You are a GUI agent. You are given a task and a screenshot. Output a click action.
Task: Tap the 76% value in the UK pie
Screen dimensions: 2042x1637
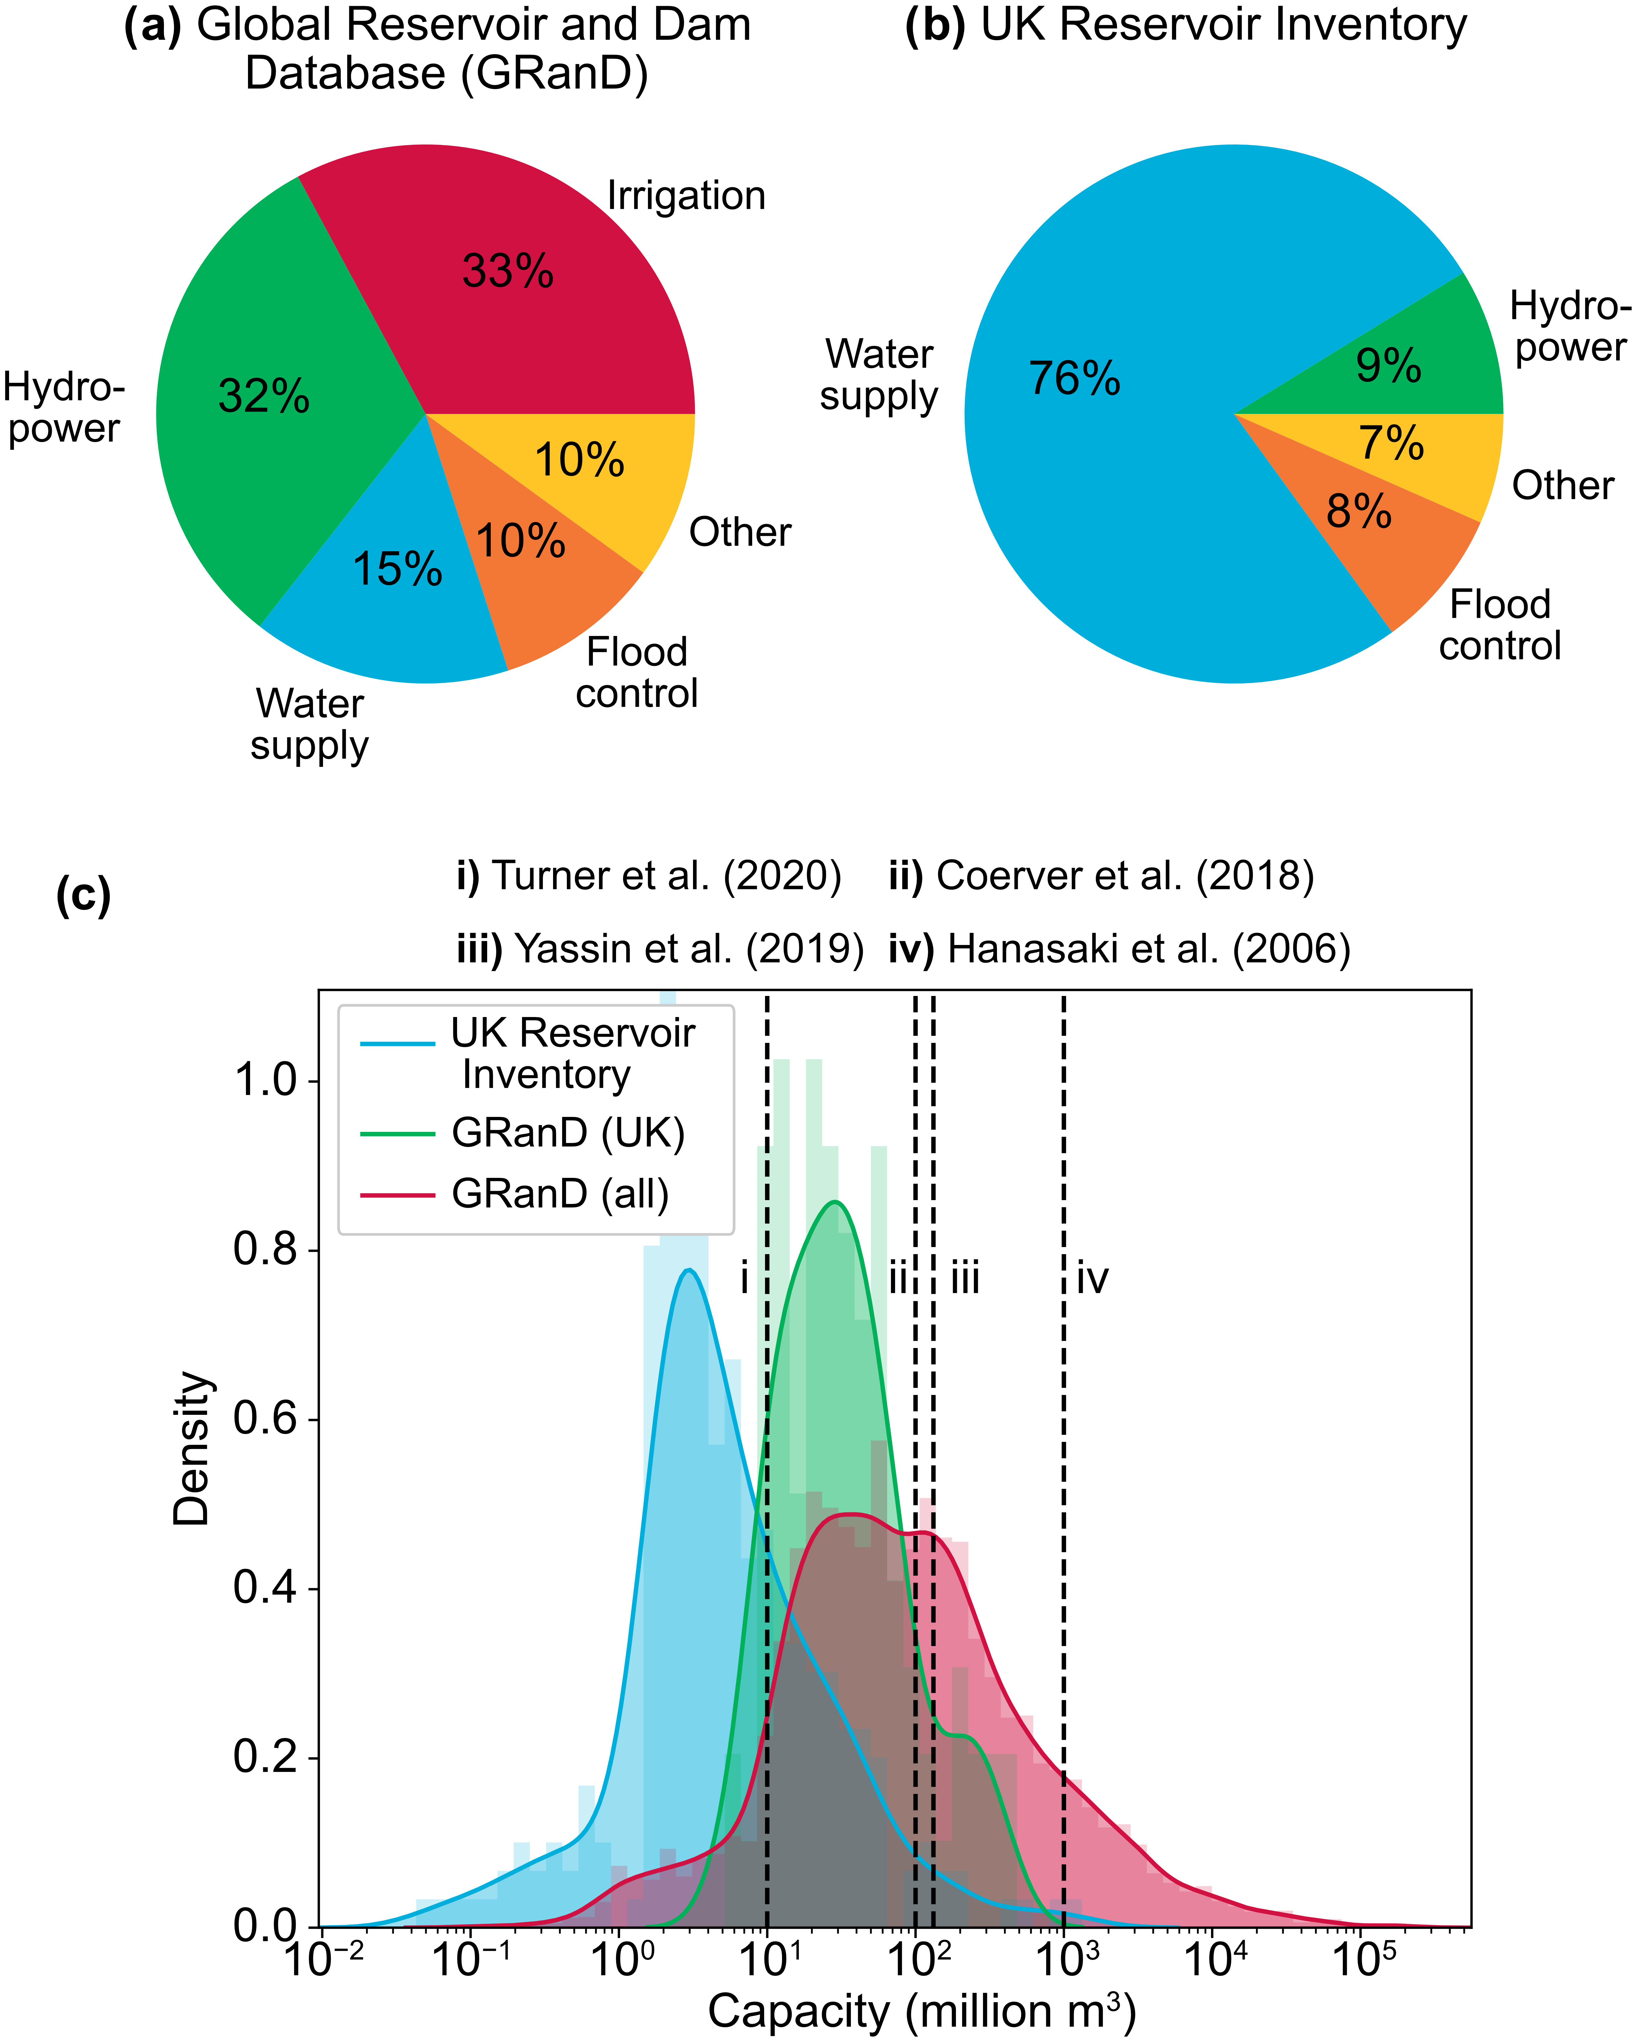1075,379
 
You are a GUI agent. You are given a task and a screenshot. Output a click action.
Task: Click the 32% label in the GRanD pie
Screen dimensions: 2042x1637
264,396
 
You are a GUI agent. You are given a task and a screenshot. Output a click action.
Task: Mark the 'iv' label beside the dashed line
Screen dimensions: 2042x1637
1092,1279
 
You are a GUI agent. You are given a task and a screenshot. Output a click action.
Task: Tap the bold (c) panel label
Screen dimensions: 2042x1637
83,894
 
